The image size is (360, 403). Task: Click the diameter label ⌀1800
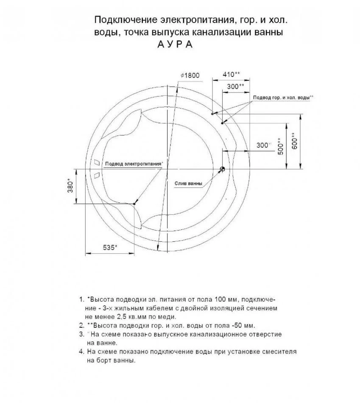(x=190, y=75)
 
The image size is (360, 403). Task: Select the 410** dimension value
(x=231, y=74)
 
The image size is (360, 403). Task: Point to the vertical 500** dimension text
(x=280, y=146)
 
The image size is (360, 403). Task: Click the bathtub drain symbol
(x=222, y=169)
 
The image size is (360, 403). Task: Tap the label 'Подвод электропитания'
(x=133, y=163)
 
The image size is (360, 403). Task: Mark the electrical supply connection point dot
(x=134, y=204)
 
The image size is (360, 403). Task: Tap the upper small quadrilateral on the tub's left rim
(x=97, y=162)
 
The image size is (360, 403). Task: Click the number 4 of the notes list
(x=81, y=352)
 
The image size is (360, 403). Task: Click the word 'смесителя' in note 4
(x=282, y=352)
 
